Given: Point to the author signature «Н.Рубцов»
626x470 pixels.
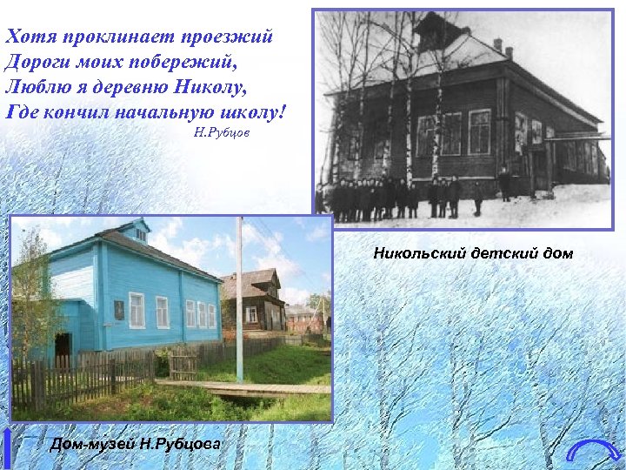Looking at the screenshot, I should [x=222, y=134].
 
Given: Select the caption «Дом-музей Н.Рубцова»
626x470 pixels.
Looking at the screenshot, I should [x=135, y=445].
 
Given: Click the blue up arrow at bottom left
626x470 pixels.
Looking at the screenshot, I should [x=8, y=448].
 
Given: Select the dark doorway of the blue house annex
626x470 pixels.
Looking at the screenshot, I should [x=63, y=349].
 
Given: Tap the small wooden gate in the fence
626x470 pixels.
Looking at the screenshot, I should [x=183, y=365].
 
